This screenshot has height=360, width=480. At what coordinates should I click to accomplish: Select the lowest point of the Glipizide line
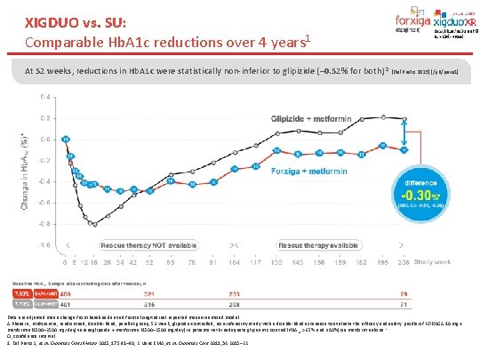pos(94,224)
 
